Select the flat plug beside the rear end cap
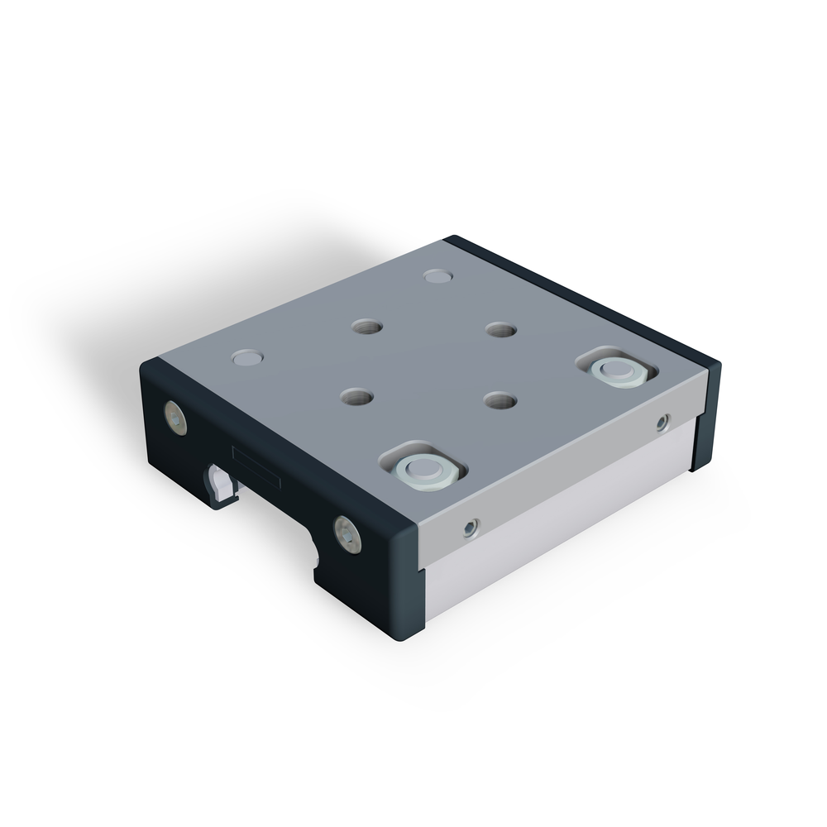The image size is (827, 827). [x=437, y=275]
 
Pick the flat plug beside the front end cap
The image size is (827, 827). [x=247, y=358]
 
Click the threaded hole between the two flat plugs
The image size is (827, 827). [x=366, y=327]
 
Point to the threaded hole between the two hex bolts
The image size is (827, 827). [x=500, y=400]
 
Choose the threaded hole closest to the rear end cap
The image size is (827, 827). [x=500, y=330]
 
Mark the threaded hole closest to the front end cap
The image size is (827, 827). [x=356, y=397]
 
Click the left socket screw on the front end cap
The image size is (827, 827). [x=175, y=418]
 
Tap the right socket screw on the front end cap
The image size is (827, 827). [x=347, y=534]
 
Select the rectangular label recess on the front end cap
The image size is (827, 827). [x=256, y=467]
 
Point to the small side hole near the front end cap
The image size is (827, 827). [x=471, y=528]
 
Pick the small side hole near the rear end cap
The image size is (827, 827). [x=662, y=423]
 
